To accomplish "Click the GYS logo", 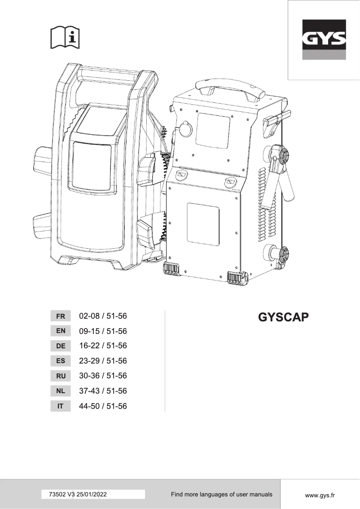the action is point(323,40).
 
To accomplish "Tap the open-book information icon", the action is point(65,38).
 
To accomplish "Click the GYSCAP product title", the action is point(284,317).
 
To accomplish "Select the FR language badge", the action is point(61,316).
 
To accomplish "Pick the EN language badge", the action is point(61,331).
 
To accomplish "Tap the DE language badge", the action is point(61,346).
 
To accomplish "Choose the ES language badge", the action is point(61,361).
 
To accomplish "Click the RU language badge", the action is point(61,376).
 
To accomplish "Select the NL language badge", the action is point(61,391).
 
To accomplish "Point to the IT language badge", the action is point(61,407).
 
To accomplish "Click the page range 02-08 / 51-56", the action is point(103,316).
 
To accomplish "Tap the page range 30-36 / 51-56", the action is point(103,376).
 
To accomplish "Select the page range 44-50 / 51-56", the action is point(103,407).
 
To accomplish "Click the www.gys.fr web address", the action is point(320,495).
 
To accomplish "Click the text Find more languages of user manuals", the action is point(221,495).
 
